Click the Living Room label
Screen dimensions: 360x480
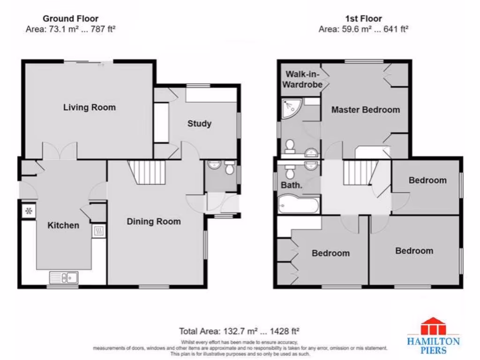[x=89, y=107]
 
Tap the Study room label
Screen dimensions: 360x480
[x=199, y=124]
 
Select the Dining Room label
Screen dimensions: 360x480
[x=153, y=221]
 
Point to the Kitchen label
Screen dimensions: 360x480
[x=63, y=225]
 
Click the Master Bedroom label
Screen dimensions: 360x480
[x=365, y=110]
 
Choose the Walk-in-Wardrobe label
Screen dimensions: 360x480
[x=304, y=79]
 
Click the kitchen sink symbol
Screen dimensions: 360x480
[x=64, y=278]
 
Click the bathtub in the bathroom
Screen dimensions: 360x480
[x=298, y=205]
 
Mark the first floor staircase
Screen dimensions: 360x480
[x=360, y=172]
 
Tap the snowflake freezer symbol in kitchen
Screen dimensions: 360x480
[x=28, y=211]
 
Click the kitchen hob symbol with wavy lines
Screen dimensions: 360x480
[x=98, y=231]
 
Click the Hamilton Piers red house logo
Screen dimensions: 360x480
[x=433, y=327]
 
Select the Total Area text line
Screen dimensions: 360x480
[x=240, y=330]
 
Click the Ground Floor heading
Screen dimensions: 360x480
[x=70, y=19]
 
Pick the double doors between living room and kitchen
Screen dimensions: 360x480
[x=60, y=151]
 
